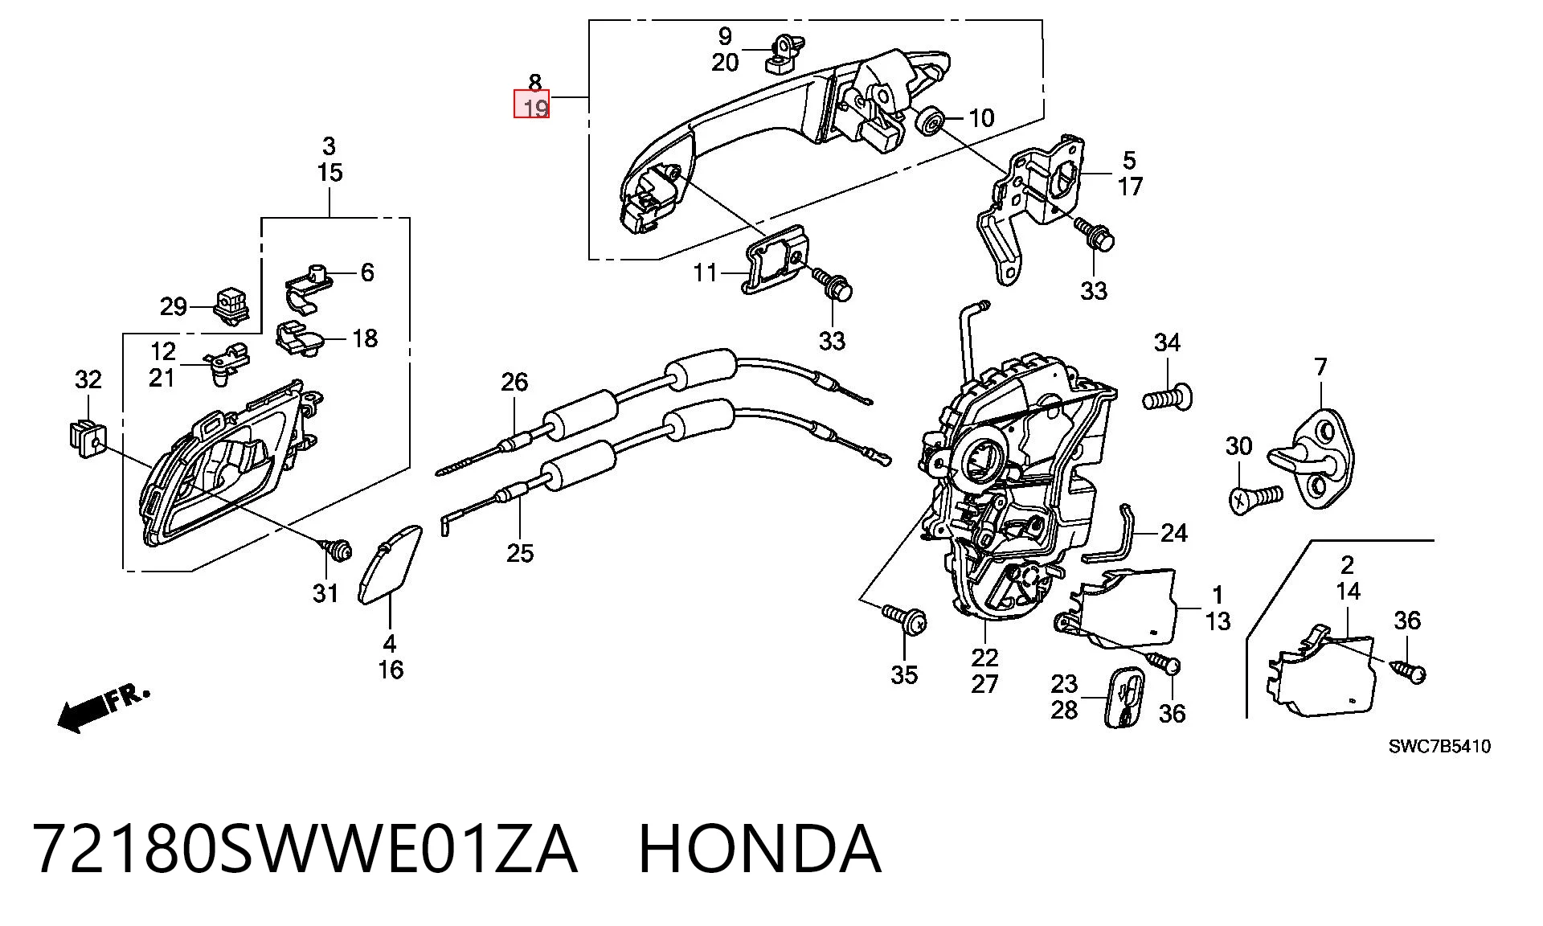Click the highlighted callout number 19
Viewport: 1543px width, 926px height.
click(x=535, y=108)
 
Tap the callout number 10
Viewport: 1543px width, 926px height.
click(x=981, y=118)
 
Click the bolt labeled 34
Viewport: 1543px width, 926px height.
click(x=1168, y=397)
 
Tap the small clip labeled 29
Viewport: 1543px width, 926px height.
click(x=232, y=306)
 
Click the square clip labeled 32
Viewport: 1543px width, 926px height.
click(x=85, y=438)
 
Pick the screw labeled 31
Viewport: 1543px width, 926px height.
click(x=338, y=549)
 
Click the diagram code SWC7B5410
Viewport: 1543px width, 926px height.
click(x=1439, y=747)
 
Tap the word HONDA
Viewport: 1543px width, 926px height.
click(x=759, y=849)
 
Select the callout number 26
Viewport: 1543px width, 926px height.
click(x=514, y=382)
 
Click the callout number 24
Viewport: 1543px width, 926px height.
click(x=1174, y=533)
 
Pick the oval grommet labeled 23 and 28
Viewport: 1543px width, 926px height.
click(x=1124, y=696)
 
